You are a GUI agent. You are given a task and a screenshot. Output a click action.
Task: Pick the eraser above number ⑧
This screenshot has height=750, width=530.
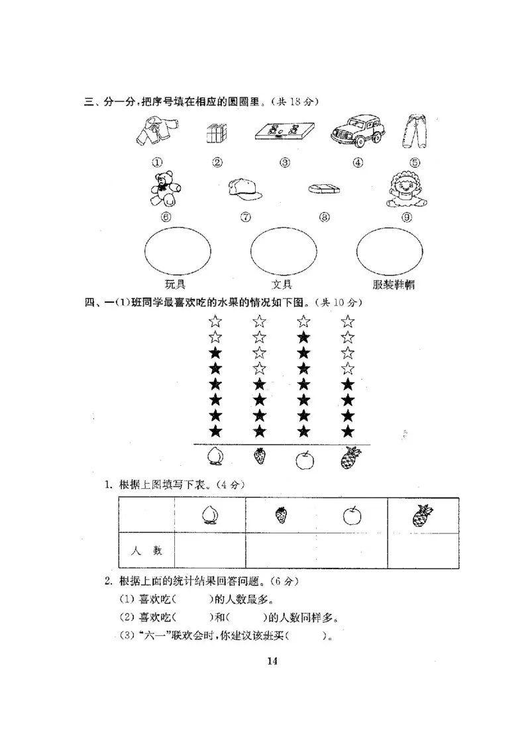[325, 189]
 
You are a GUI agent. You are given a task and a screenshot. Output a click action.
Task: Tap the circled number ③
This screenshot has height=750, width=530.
[285, 162]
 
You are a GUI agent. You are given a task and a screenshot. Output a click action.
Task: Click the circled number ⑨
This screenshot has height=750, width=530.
[405, 217]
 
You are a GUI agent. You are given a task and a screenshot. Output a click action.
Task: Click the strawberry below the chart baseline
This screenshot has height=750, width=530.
[260, 456]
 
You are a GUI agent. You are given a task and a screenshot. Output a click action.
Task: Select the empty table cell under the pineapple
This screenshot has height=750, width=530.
[423, 550]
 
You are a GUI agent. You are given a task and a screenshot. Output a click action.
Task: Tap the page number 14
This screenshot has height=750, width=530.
[272, 660]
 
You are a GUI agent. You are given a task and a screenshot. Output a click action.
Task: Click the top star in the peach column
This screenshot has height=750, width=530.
[215, 322]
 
